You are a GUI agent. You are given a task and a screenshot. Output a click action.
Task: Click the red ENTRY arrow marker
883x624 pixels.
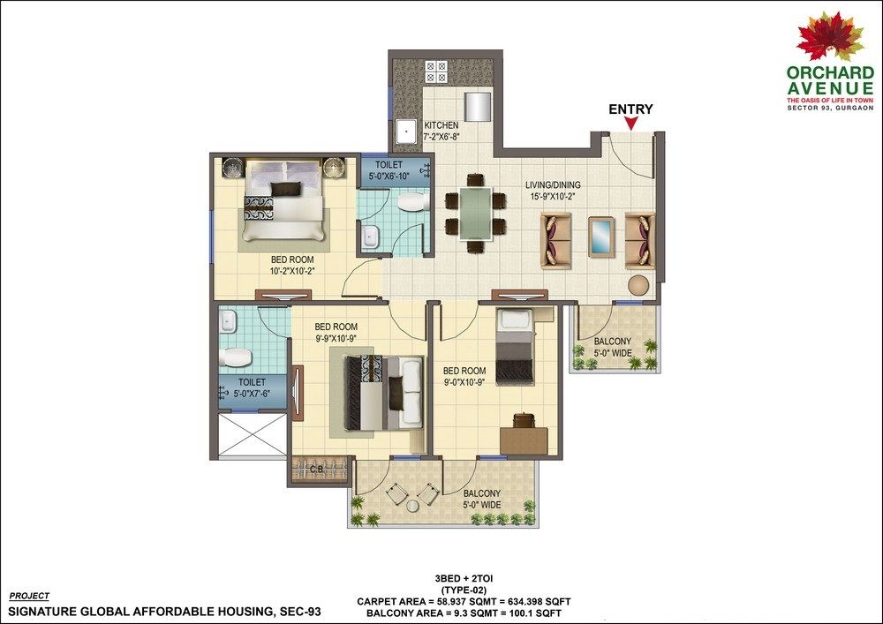coord(630,124)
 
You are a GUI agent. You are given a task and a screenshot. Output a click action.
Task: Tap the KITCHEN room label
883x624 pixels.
coord(441,125)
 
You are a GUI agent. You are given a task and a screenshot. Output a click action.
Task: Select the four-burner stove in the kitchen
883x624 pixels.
coord(436,71)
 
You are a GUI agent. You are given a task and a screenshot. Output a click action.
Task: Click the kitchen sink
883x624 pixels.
coord(405,132)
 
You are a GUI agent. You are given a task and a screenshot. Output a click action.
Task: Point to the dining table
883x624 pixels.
coord(476,214)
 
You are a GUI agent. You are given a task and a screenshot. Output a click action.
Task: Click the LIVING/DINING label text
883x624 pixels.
coord(553,184)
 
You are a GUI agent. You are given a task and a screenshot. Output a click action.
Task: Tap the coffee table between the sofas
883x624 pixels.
coord(600,237)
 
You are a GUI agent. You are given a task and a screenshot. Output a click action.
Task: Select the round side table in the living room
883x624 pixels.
coord(638,284)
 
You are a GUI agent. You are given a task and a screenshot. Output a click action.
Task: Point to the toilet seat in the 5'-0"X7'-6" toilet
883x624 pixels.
coord(235,357)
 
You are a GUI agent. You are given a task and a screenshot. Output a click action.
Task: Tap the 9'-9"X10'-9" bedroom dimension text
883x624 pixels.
coord(336,338)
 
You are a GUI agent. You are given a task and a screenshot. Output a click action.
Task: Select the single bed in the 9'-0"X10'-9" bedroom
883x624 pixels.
coord(514,347)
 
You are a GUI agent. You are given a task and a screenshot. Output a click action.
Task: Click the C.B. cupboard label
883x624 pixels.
coord(316,469)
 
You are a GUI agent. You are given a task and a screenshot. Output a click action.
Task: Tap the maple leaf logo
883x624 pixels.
coord(830,35)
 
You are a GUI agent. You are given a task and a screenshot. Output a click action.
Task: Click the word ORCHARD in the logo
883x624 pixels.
coord(830,72)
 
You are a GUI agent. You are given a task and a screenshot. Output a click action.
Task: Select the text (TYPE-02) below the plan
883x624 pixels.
coord(464,590)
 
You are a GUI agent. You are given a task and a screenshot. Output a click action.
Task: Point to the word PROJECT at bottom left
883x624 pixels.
coord(30,596)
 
